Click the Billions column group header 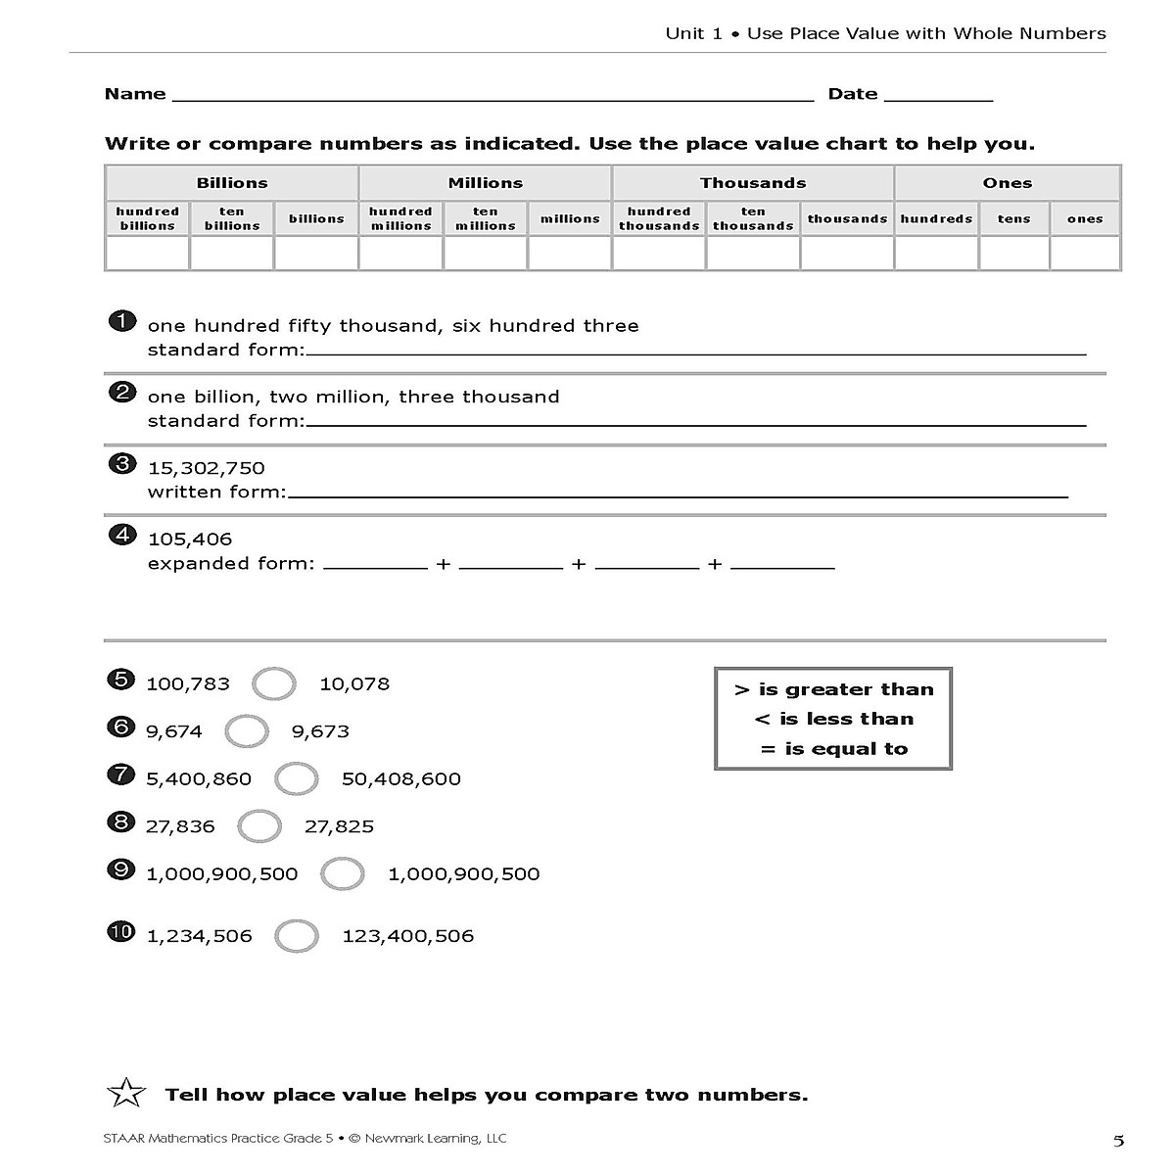[x=232, y=183]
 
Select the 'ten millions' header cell [x=486, y=218]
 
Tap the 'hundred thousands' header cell [x=659, y=218]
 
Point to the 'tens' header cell [x=1014, y=219]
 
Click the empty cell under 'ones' [x=1085, y=254]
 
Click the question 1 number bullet [x=121, y=322]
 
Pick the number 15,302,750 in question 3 [x=207, y=468]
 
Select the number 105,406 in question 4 [x=190, y=540]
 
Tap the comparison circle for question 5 [x=274, y=683]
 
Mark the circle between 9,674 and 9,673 [x=247, y=730]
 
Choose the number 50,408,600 [x=401, y=779]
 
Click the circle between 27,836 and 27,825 [x=259, y=826]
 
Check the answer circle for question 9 [x=343, y=873]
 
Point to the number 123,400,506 [x=408, y=936]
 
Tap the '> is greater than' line [x=833, y=689]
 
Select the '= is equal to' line [x=833, y=749]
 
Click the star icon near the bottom [x=126, y=1094]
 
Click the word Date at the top [x=853, y=94]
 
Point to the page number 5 [x=1118, y=1141]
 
